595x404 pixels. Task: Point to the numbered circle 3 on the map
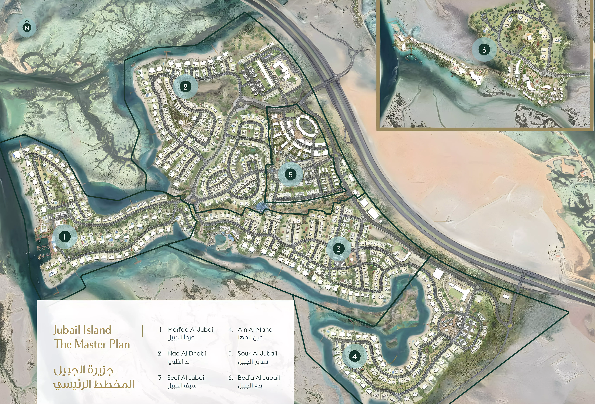(x=339, y=249)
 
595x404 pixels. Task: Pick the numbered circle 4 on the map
(x=355, y=356)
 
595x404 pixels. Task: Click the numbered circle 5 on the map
(x=290, y=175)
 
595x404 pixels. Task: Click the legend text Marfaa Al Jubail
(x=191, y=330)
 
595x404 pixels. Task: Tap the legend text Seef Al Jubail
(x=186, y=378)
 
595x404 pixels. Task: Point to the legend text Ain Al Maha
(x=255, y=330)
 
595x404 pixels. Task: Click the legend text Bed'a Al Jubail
(x=259, y=378)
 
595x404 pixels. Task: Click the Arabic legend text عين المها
(x=250, y=337)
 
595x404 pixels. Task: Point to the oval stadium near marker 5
(x=306, y=126)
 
